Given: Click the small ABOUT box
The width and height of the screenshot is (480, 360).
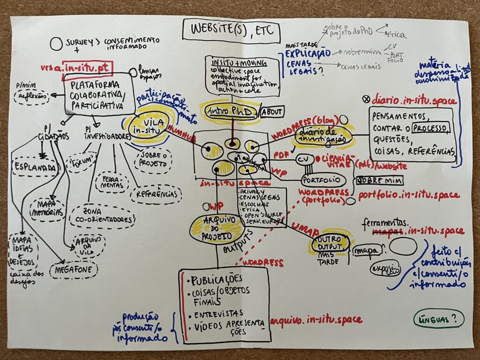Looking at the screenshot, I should (x=272, y=112).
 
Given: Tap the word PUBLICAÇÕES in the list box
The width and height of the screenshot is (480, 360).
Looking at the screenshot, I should (x=217, y=280).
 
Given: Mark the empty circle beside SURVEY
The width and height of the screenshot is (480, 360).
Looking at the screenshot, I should (x=56, y=44).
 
